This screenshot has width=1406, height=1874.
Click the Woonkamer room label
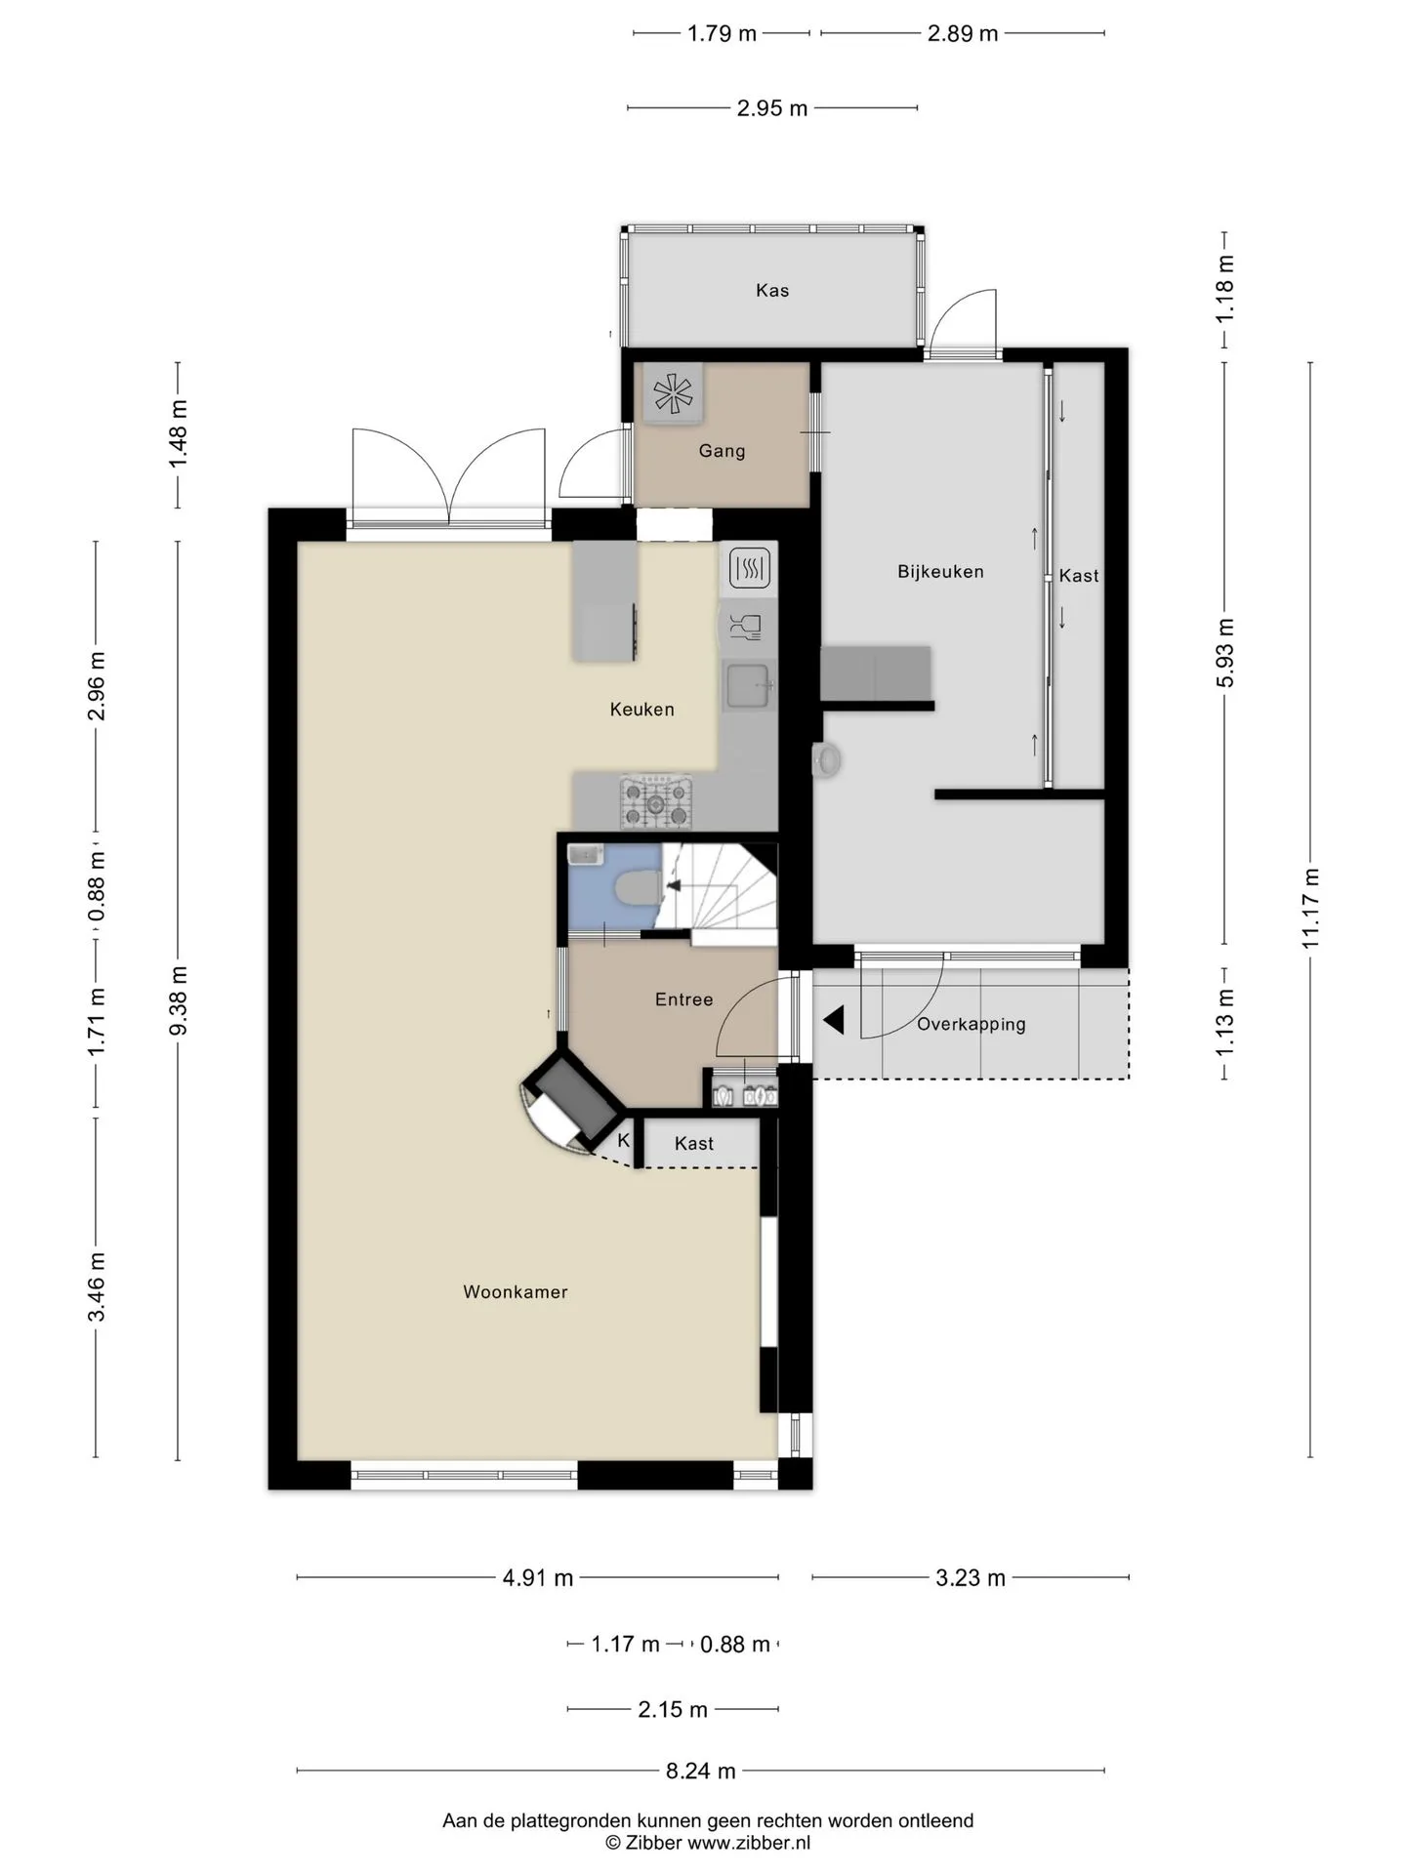click(x=515, y=1291)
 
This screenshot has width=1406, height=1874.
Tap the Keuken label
click(x=641, y=709)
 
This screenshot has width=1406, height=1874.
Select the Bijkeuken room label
click(x=940, y=571)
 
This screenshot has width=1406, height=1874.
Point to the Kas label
click(x=771, y=290)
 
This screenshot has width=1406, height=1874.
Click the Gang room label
click(x=722, y=451)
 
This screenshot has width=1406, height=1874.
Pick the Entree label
click(x=683, y=999)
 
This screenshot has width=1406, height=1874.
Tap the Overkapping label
click(x=971, y=1025)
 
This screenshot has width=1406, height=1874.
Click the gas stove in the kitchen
click(x=656, y=802)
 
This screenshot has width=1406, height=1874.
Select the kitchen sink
click(x=749, y=685)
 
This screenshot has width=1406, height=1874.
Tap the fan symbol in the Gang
click(x=673, y=394)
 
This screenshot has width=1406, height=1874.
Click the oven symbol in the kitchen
click(x=750, y=567)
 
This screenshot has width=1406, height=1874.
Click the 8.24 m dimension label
click(x=700, y=1771)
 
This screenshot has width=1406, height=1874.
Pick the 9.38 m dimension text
click(x=178, y=1001)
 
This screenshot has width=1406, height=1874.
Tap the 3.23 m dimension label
click(x=971, y=1578)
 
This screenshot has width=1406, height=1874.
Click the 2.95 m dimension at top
click(x=772, y=108)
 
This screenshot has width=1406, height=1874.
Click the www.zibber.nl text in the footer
click(x=749, y=1843)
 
